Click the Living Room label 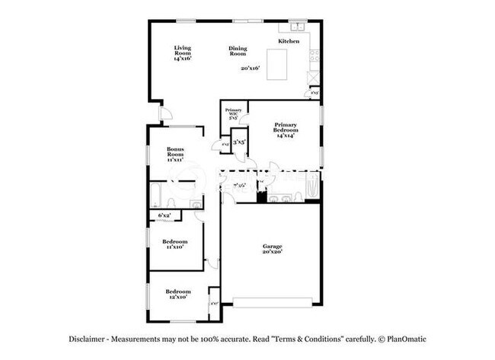[182, 53]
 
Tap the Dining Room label [238, 52]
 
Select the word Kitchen [289, 41]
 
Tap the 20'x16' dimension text [251, 68]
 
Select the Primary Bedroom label [286, 129]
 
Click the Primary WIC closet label [233, 114]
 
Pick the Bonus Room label [178, 155]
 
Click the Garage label [273, 249]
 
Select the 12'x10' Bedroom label [178, 295]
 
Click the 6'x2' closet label [164, 216]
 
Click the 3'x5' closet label [239, 142]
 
